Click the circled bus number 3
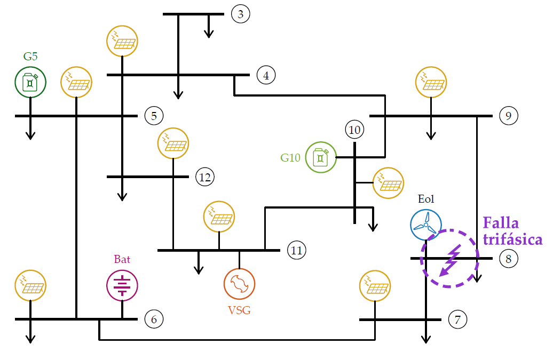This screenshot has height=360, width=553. pyautogui.click(x=241, y=14)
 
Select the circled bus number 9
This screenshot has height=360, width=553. pyautogui.click(x=508, y=115)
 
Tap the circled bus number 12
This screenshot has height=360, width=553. pyautogui.click(x=205, y=177)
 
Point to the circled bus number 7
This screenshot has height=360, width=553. pyautogui.click(x=457, y=319)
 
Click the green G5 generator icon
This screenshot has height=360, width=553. pyautogui.click(x=30, y=82)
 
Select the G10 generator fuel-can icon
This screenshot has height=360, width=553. pyautogui.click(x=321, y=157)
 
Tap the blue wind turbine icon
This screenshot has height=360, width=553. pyautogui.click(x=426, y=225)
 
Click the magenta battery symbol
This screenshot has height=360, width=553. pyautogui.click(x=122, y=284)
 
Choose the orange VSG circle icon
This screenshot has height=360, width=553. pyautogui.click(x=239, y=284)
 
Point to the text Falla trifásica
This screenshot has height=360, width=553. pyautogui.click(x=512, y=231)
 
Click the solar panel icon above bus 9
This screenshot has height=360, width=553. pyautogui.click(x=431, y=82)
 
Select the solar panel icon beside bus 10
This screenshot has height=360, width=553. pyautogui.click(x=388, y=183)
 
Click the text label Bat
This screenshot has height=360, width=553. pyautogui.click(x=122, y=260)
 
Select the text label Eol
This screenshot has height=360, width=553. pyautogui.click(x=426, y=199)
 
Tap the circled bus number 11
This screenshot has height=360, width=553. pyautogui.click(x=296, y=249)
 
